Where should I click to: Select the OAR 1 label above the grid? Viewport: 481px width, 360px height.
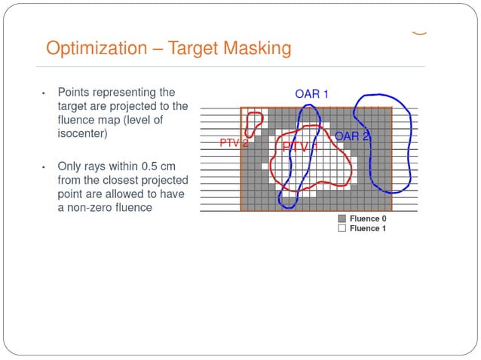311,94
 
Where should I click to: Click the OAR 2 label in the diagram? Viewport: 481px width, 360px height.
351,136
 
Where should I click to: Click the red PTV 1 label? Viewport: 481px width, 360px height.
300,148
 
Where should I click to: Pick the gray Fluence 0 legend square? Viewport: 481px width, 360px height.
342,219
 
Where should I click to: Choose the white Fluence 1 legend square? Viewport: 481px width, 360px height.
342,228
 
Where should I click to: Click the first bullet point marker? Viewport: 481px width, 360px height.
44,93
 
